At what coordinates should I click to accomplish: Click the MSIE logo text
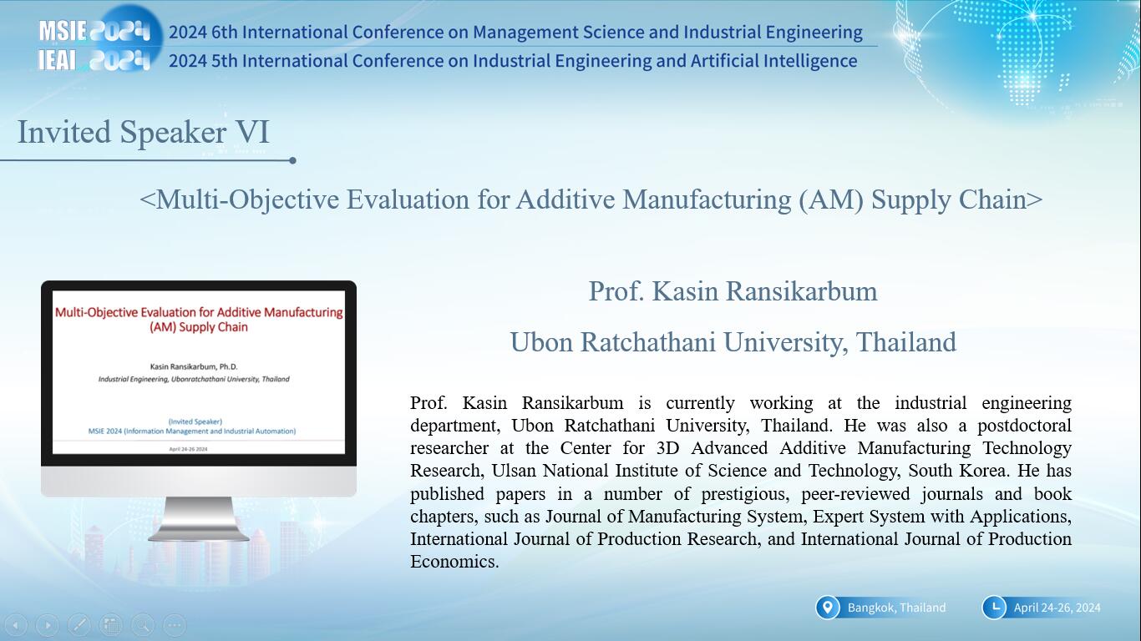pos(63,32)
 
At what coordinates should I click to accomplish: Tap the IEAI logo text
pos(57,61)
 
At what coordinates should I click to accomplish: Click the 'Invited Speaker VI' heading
pos(143,133)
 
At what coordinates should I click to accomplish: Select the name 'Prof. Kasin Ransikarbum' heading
pos(733,291)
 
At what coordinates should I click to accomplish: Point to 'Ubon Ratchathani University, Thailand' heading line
pos(733,341)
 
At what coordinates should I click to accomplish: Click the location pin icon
pos(828,608)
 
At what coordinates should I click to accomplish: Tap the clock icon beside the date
pos(994,608)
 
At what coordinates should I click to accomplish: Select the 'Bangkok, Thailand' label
pos(896,608)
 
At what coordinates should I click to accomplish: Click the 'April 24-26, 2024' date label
pos(1057,608)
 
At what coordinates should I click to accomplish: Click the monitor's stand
pos(199,519)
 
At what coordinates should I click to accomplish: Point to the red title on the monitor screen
pos(199,319)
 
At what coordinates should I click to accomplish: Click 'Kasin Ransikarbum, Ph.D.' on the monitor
pos(194,366)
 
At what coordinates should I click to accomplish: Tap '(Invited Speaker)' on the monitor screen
pos(195,421)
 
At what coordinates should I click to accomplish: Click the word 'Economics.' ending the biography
pos(454,562)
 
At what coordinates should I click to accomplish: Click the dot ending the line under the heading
pos(292,160)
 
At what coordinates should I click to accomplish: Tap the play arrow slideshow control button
pos(48,625)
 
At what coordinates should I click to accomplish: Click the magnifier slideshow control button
pos(143,625)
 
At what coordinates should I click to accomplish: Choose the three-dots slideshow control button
pos(175,625)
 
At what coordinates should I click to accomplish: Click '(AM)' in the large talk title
pos(831,199)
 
